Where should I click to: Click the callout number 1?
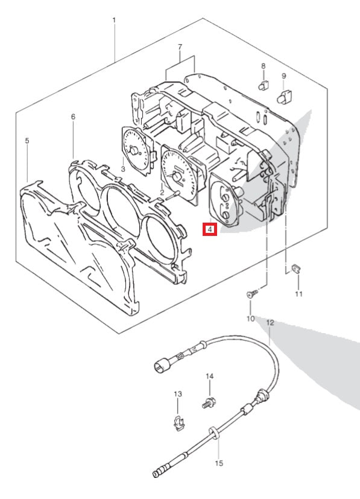pyautogui.click(x=114, y=21)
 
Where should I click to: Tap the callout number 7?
pyautogui.click(x=180, y=47)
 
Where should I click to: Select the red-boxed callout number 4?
pyautogui.click(x=210, y=229)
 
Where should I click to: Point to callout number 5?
pyautogui.click(x=27, y=141)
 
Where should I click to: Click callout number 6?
pyautogui.click(x=73, y=117)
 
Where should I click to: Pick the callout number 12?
pyautogui.click(x=270, y=323)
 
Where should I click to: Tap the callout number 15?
pyautogui.click(x=219, y=463)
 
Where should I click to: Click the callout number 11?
pyautogui.click(x=298, y=293)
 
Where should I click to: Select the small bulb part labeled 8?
pyautogui.click(x=264, y=86)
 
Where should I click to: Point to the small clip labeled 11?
pyautogui.click(x=297, y=269)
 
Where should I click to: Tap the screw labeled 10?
pyautogui.click(x=252, y=293)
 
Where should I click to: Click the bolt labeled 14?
pyautogui.click(x=209, y=404)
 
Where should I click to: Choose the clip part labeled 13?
pyautogui.click(x=179, y=423)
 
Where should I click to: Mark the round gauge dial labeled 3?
pyautogui.click(x=136, y=150)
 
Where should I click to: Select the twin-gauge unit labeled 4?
pyautogui.click(x=224, y=201)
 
